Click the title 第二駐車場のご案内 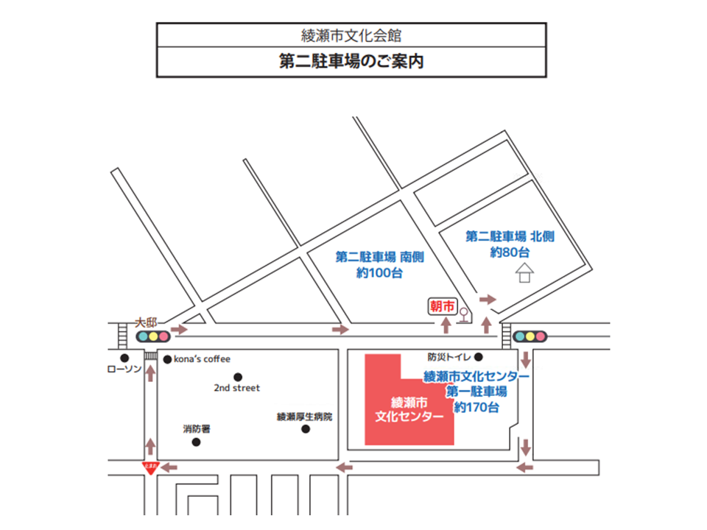point(351,61)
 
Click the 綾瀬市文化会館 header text point(351,35)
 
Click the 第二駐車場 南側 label point(379,258)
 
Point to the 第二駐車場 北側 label point(510,237)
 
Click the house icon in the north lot point(524,274)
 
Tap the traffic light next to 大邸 point(153,336)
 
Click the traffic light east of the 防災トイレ point(530,336)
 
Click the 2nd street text point(237,388)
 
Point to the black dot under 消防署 point(196,442)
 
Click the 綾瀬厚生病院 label point(304,417)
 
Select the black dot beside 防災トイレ point(478,356)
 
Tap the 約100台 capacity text point(379,272)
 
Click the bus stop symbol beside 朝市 point(464,315)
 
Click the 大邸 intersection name point(148,322)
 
